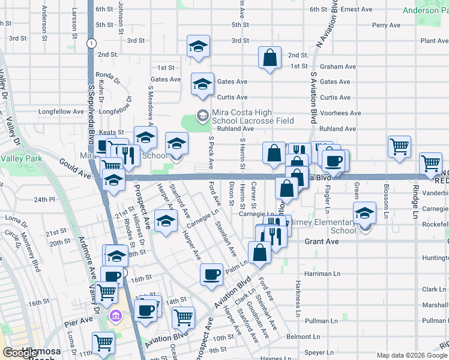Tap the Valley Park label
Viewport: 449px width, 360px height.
coord(20,159)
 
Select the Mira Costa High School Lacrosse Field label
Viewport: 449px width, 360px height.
coord(253,116)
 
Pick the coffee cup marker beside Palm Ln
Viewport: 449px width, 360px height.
coord(211,274)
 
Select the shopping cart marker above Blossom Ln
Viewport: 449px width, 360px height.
coord(399,146)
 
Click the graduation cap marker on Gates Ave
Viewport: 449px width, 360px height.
coord(203,85)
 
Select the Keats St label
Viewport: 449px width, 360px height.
coord(112,132)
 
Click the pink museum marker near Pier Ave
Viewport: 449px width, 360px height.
coord(116,315)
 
